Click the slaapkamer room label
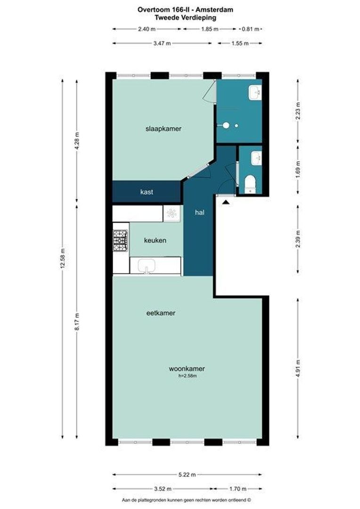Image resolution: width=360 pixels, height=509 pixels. tap(164, 129)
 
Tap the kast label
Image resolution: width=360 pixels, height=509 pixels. tap(147, 192)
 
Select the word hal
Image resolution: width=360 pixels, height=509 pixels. tap(200, 212)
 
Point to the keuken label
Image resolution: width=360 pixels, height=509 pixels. tap(155, 240)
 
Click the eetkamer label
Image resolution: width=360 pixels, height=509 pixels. tap(161, 313)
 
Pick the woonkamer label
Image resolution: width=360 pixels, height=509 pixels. tap(187, 369)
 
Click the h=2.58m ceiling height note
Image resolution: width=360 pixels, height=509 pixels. tap(188, 376)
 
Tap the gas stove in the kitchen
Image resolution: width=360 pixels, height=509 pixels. tap(120, 240)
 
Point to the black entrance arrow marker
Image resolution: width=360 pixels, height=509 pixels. tap(226, 202)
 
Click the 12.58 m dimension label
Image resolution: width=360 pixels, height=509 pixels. tap(63, 258)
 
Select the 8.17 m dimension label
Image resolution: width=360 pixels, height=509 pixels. tap(77, 322)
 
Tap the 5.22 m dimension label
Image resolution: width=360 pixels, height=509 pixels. tap(187, 475)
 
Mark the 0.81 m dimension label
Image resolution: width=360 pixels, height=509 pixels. tap(251, 29)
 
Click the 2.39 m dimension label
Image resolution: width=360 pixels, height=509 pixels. tap(298, 239)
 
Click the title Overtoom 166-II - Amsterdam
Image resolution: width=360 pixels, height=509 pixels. tap(185, 10)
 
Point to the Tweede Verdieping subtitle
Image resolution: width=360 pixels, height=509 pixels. tap(185, 17)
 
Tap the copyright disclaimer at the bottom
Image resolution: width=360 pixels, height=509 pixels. tap(186, 500)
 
